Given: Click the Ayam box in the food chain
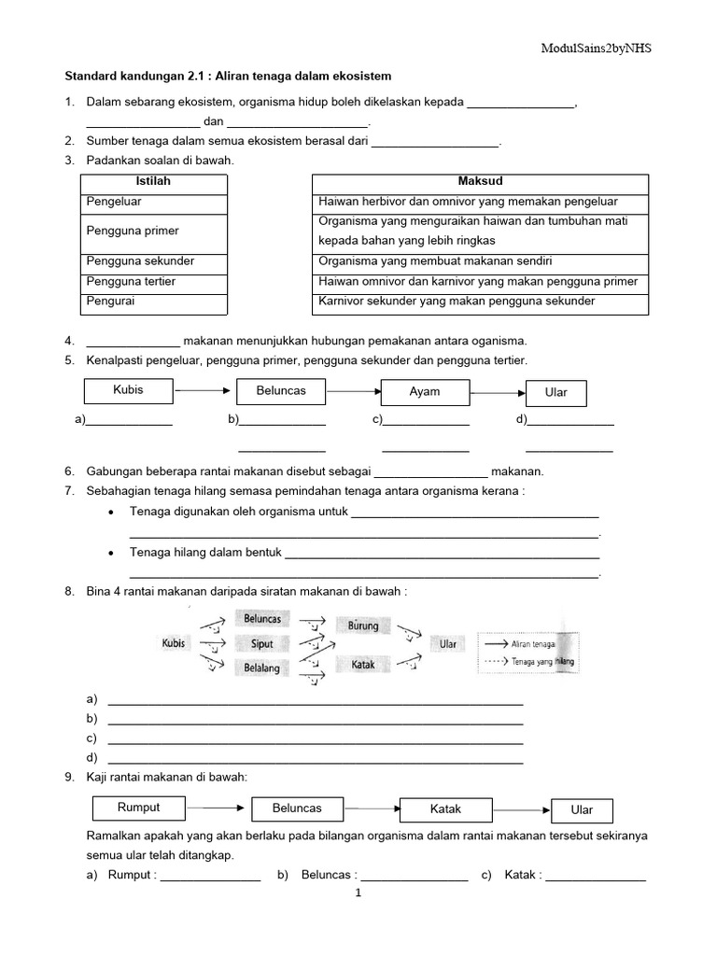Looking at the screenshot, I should [425, 392].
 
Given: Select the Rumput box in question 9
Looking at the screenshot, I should [139, 808].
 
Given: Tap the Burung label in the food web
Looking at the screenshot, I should [363, 626].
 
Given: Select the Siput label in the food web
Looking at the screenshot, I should [262, 644].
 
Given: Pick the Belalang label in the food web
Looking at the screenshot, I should [262, 668].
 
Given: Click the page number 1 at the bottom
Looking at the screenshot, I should [358, 893].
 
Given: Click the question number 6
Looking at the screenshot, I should [69, 471].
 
